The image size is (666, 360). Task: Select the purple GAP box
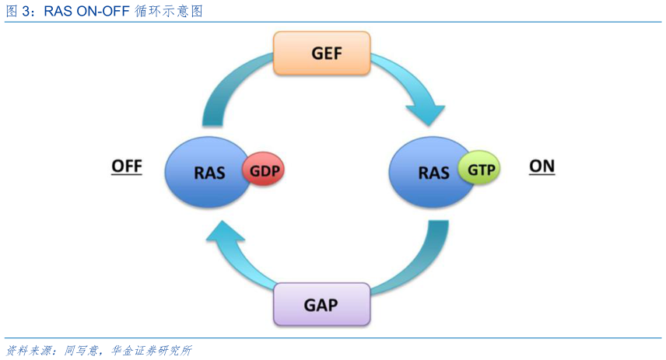321,303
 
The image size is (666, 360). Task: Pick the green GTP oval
478,168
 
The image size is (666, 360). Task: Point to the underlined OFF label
127,166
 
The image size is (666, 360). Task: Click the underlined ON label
542,166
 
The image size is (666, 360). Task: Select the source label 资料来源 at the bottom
25,351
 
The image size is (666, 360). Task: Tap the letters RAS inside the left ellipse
209,172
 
